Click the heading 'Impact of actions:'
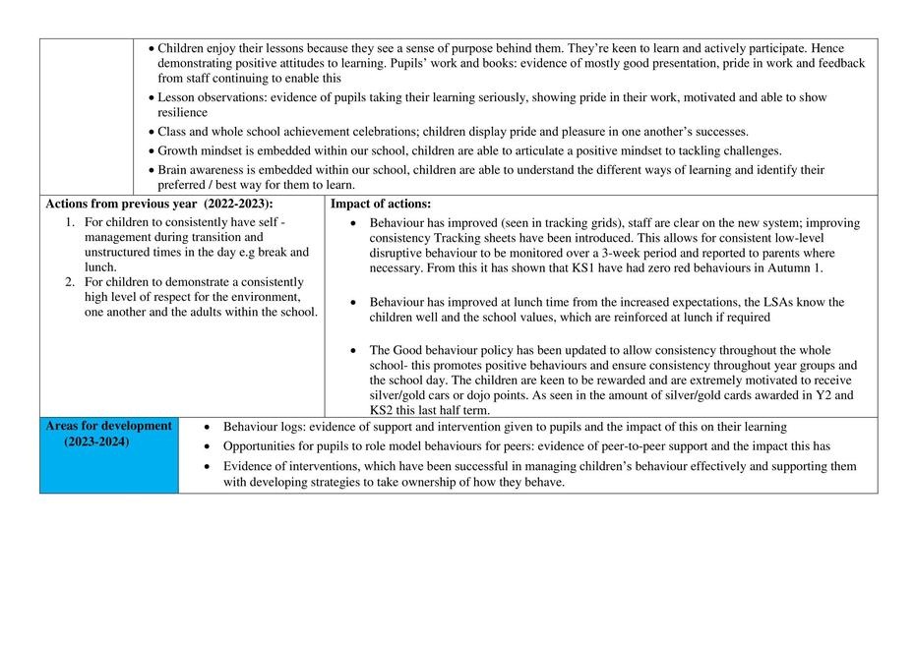(380, 204)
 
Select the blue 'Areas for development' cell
(108, 453)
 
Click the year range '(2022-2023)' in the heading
(235, 204)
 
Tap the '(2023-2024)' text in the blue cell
(96, 442)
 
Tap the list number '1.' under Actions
(71, 223)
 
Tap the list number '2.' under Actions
(71, 282)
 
